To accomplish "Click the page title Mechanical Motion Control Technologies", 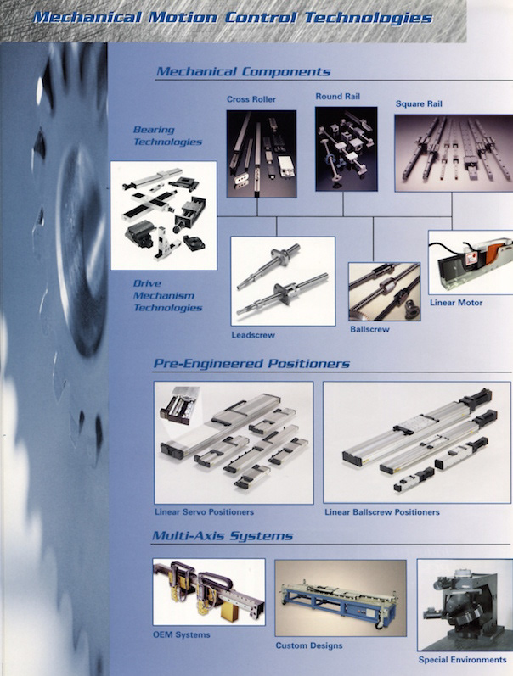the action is [233, 18].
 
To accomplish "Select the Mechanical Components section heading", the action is [244, 71].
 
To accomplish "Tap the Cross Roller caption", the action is [251, 99].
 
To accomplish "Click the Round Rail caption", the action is [338, 97].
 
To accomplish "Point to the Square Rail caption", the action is [419, 103].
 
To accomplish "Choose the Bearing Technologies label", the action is [167, 136].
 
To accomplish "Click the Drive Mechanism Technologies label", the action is [167, 296].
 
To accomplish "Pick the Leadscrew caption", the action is [253, 335].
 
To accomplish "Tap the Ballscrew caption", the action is [369, 329].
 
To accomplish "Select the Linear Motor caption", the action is [456, 303].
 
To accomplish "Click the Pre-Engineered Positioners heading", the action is [251, 363].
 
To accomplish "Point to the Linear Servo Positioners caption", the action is [204, 512].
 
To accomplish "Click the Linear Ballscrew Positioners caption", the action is [382, 512].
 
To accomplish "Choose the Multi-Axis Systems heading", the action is [223, 536].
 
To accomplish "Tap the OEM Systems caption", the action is [182, 634].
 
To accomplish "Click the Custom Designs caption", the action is [309, 645].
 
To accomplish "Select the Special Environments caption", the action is [463, 660].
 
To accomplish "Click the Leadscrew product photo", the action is [284, 281].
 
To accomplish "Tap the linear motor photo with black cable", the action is [471, 263].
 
